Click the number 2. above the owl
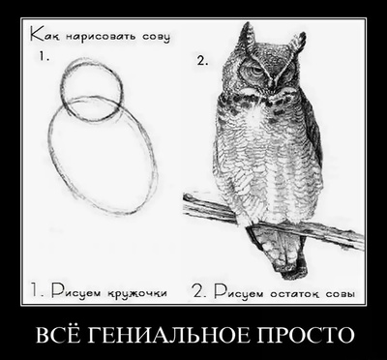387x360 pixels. (x=202, y=61)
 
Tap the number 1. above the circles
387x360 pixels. (x=45, y=57)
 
